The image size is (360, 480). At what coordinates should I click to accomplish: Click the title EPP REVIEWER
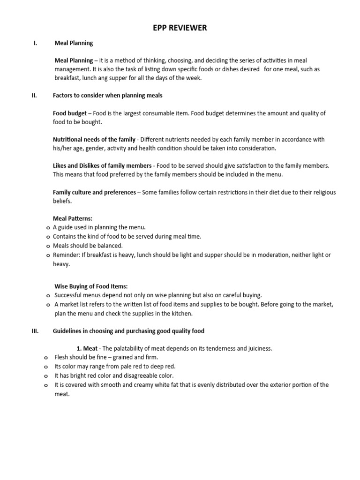point(180,28)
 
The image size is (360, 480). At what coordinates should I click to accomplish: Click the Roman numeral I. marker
point(35,43)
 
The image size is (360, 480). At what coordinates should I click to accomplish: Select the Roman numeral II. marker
point(34,96)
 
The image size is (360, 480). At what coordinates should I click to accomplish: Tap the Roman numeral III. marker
point(35,331)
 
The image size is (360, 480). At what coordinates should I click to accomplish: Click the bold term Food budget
point(69,113)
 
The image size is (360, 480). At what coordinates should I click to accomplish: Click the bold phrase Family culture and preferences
point(94,192)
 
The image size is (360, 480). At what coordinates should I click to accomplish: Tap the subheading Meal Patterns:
point(73,218)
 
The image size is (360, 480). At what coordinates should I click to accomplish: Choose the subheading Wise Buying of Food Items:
point(91,286)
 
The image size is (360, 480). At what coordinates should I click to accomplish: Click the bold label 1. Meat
point(87,349)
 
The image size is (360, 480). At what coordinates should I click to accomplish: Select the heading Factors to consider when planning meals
point(108,96)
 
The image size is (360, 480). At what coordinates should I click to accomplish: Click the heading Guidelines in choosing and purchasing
point(128,331)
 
